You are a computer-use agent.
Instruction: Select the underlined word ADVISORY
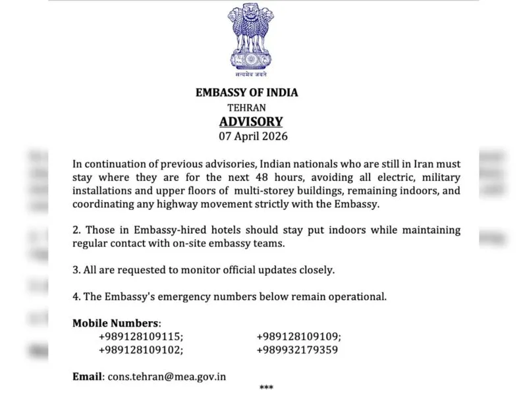tap(251, 122)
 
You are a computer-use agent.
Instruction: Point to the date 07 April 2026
tap(253, 138)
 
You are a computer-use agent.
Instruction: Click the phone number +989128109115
tap(141, 336)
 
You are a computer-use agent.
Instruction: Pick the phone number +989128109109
tap(298, 336)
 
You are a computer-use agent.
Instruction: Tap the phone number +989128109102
tap(141, 350)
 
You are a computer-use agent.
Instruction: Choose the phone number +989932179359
tap(297, 350)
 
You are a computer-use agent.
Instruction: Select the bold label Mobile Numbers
tap(116, 323)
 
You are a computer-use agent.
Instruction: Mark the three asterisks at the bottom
tap(266, 388)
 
